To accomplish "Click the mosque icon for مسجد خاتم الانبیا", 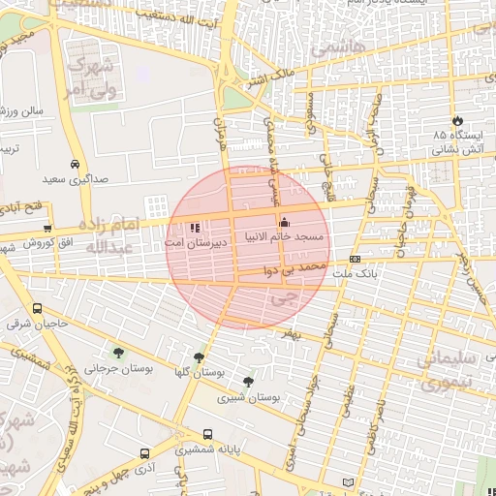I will [284, 223].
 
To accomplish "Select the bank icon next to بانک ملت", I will [356, 260].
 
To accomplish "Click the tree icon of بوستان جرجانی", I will [118, 354].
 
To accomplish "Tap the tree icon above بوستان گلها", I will [200, 357].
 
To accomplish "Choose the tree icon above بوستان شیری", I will [249, 382].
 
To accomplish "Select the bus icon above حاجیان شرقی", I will [37, 309].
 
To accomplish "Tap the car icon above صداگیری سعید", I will [76, 164].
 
